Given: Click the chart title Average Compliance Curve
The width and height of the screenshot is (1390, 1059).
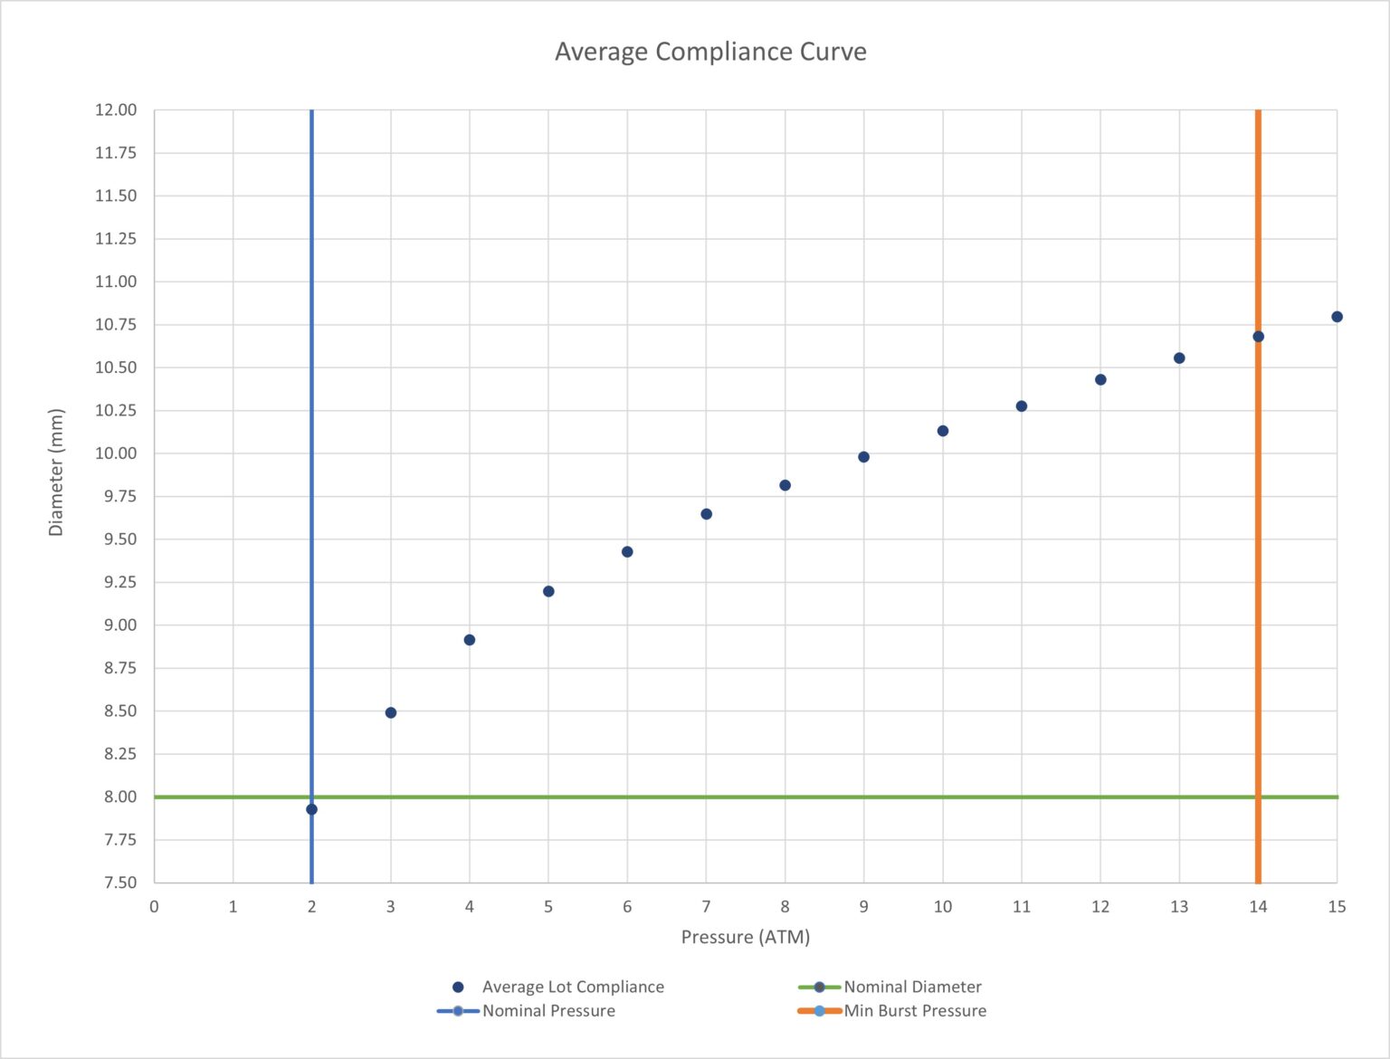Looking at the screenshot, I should tap(710, 52).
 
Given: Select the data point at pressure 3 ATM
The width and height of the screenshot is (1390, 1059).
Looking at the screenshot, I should tap(391, 713).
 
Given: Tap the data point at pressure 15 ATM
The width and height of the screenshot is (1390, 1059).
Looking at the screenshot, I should tap(1337, 317).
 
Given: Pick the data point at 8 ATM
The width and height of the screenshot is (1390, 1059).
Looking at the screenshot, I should tap(785, 486).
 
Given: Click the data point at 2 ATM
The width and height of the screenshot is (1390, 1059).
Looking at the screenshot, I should tap(312, 809).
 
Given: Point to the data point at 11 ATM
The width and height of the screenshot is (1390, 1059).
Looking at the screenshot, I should tap(1022, 406).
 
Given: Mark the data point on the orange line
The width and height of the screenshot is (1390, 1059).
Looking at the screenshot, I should tap(1258, 337).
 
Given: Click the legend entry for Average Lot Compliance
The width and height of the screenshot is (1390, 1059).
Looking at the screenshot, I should tap(572, 987).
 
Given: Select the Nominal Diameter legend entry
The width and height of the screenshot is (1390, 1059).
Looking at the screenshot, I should tap(912, 987).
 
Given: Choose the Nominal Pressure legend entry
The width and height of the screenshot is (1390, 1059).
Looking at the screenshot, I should tap(547, 1011).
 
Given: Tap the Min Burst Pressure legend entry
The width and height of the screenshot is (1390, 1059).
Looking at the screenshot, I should tap(914, 1011).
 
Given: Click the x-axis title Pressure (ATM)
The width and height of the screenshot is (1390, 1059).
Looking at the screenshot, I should tap(745, 937).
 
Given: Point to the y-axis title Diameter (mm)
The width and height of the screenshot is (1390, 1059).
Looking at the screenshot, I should tap(56, 472).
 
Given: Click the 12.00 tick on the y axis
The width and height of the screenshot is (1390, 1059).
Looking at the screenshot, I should tap(116, 110).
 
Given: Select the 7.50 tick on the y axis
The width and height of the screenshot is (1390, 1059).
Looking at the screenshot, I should tap(119, 882).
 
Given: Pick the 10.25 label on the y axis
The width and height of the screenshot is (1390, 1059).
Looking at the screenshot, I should tap(116, 411).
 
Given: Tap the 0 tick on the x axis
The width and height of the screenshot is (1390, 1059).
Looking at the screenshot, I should tap(154, 907).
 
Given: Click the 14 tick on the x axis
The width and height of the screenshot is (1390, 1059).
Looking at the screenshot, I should tap(1258, 907).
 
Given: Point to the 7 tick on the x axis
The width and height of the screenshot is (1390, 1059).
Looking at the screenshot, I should tap(706, 907).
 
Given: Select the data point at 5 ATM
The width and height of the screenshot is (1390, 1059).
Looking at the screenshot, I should tap(548, 592).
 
